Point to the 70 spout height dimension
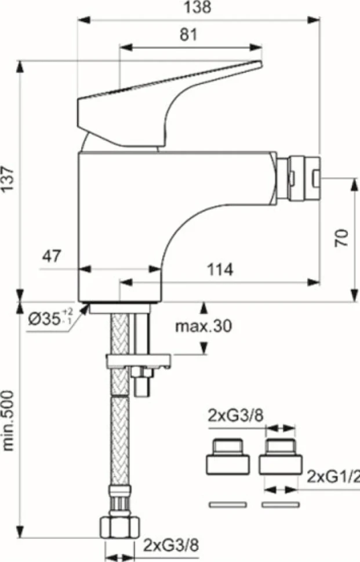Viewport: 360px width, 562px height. (341, 237)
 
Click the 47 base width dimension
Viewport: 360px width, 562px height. (52, 256)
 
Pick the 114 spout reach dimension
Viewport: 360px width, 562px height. (220, 269)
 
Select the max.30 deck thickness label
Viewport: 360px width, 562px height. (203, 326)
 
